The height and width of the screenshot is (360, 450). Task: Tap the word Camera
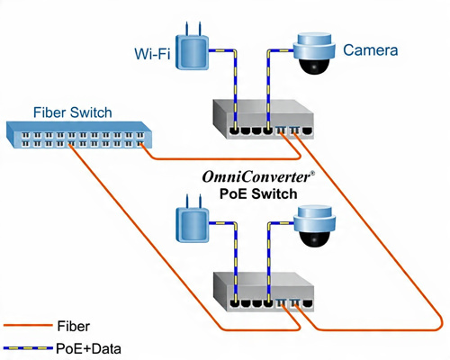(370, 51)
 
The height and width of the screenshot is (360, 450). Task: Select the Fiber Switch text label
(72, 112)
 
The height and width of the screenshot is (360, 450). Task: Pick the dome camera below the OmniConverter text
(314, 229)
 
